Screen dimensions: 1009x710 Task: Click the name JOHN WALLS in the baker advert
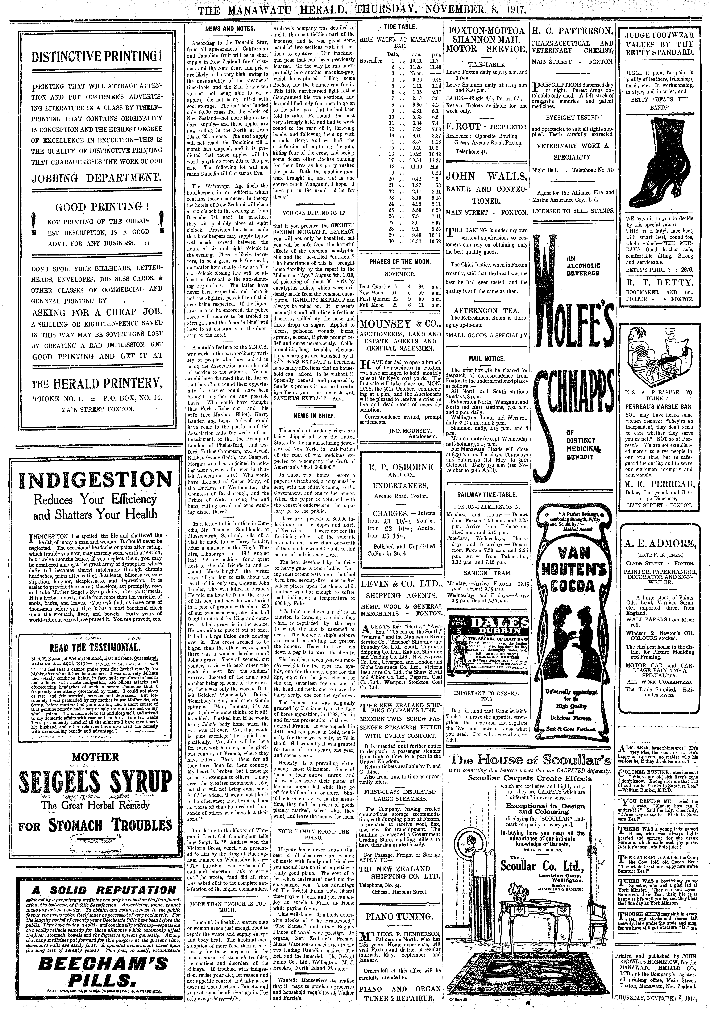click(486, 177)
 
